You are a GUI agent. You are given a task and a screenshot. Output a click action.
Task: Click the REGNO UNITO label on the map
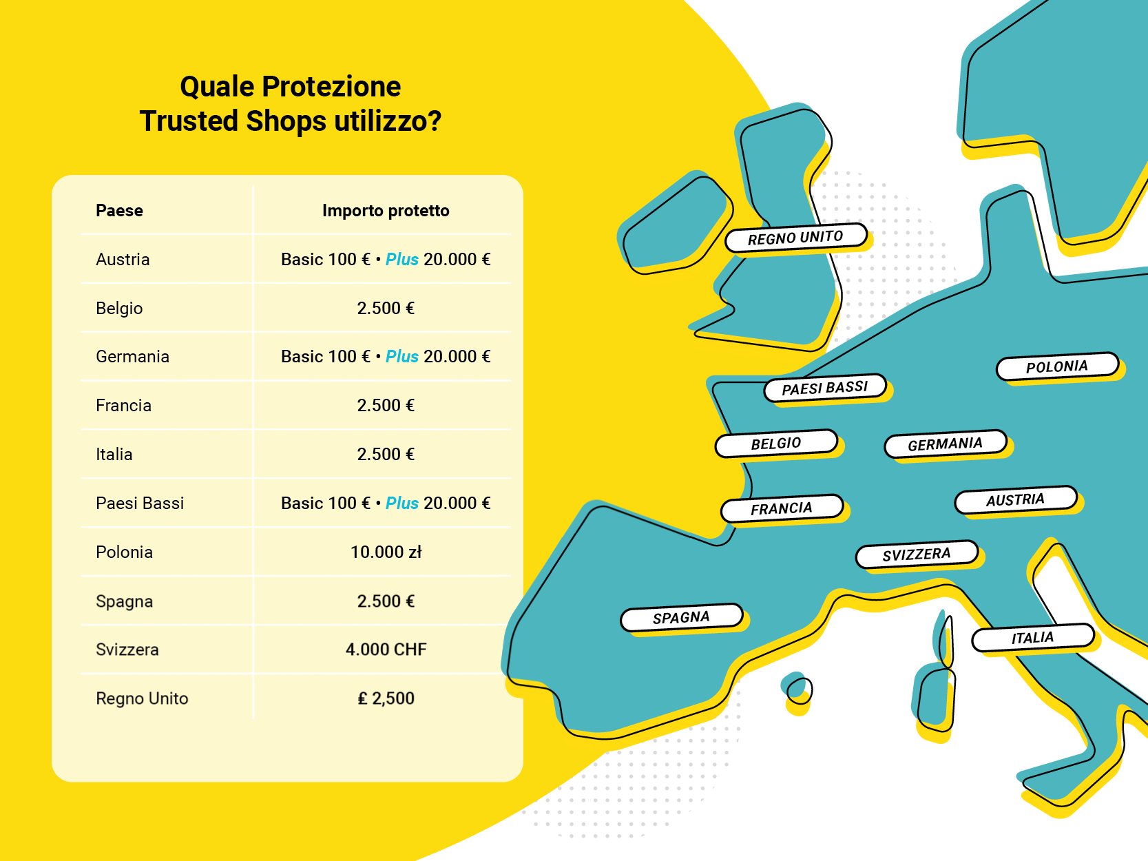[x=795, y=238]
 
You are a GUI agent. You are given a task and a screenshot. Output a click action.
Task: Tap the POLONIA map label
[x=1057, y=366]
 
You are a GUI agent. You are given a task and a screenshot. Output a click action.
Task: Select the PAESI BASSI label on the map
[x=825, y=388]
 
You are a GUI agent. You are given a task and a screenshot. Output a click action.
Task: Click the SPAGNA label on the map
[x=681, y=618]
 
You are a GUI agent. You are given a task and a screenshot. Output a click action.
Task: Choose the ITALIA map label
[x=1032, y=638]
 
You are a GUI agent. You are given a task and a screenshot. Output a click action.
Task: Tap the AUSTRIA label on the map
[x=1015, y=500]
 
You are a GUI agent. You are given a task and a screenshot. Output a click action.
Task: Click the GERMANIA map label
[x=945, y=444]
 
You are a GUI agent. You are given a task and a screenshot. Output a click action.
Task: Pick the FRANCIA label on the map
[x=782, y=508]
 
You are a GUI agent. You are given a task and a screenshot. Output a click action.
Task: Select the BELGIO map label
[x=776, y=444]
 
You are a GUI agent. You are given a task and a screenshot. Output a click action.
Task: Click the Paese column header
[x=119, y=210]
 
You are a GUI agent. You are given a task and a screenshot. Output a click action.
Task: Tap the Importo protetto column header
[x=386, y=210]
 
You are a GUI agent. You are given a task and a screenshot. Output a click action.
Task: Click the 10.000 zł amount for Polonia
[x=386, y=552]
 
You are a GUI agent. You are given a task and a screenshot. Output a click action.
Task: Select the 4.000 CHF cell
[x=386, y=650]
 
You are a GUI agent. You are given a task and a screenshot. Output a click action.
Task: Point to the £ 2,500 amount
[x=386, y=698]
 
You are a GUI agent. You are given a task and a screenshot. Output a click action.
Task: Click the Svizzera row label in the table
[x=127, y=650]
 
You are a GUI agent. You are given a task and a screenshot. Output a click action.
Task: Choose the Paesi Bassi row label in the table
[x=140, y=504]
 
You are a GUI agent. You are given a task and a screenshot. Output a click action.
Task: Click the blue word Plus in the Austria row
[x=401, y=260]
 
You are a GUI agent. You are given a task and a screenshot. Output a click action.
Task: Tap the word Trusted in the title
[x=189, y=121]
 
